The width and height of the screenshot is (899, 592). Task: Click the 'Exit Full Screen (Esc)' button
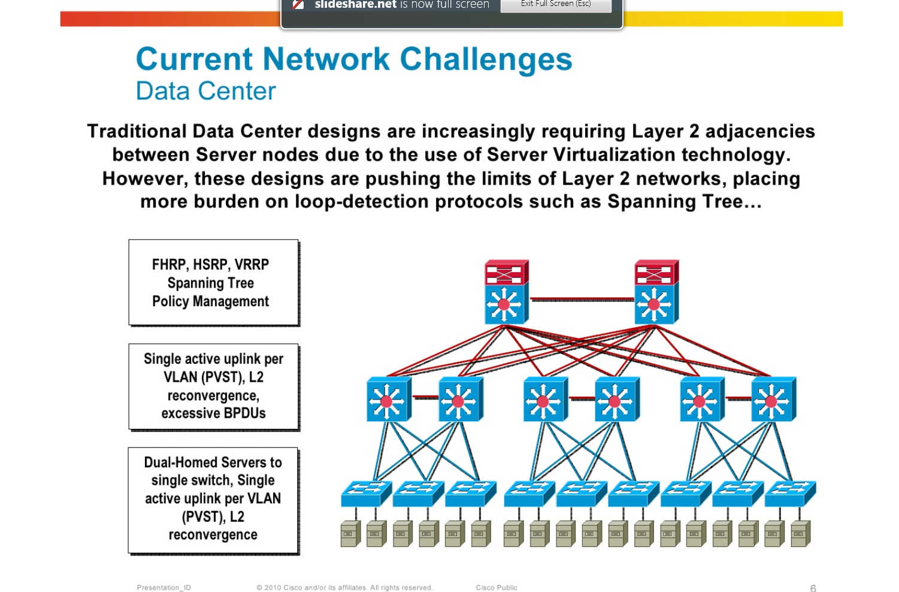click(555, 4)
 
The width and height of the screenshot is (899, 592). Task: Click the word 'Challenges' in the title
click(486, 59)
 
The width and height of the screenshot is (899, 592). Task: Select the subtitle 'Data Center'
click(205, 91)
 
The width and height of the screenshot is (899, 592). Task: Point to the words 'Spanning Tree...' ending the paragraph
click(684, 201)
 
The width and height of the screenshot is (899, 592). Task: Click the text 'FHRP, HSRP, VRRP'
click(210, 264)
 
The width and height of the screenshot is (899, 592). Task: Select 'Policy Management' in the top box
click(210, 301)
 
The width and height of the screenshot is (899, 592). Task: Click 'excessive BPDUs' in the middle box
click(213, 413)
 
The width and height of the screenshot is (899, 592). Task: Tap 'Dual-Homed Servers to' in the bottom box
click(213, 463)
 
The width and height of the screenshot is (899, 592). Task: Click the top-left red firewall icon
click(506, 273)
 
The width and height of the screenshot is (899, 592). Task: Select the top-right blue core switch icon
click(656, 304)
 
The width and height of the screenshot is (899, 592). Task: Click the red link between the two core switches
click(581, 299)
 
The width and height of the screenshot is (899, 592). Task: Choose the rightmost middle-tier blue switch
click(773, 400)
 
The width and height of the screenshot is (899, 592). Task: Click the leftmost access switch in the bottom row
click(365, 494)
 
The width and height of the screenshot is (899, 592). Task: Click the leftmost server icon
click(350, 534)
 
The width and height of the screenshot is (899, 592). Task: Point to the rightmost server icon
click(800, 534)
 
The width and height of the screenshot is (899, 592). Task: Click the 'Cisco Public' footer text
click(497, 588)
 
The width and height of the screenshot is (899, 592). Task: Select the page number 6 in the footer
click(813, 588)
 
